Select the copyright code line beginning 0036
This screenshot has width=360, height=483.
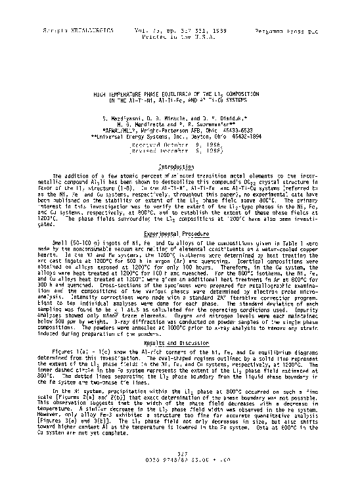click(x=179, y=465)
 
